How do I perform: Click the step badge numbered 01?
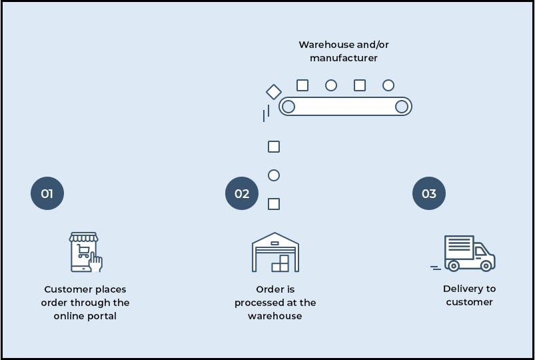tap(47, 194)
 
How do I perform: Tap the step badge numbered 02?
tap(242, 194)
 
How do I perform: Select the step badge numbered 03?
tap(429, 194)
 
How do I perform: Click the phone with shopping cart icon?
tap(85, 252)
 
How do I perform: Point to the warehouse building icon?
tap(275, 252)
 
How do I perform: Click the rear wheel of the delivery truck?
tap(454, 265)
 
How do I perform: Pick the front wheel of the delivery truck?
tap(486, 265)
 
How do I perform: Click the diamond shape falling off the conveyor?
tap(273, 91)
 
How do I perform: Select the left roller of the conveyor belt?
tap(288, 106)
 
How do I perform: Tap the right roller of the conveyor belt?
tap(402, 106)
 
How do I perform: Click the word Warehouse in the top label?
tap(326, 45)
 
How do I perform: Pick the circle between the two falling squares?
tap(273, 175)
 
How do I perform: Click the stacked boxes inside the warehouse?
tap(280, 264)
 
